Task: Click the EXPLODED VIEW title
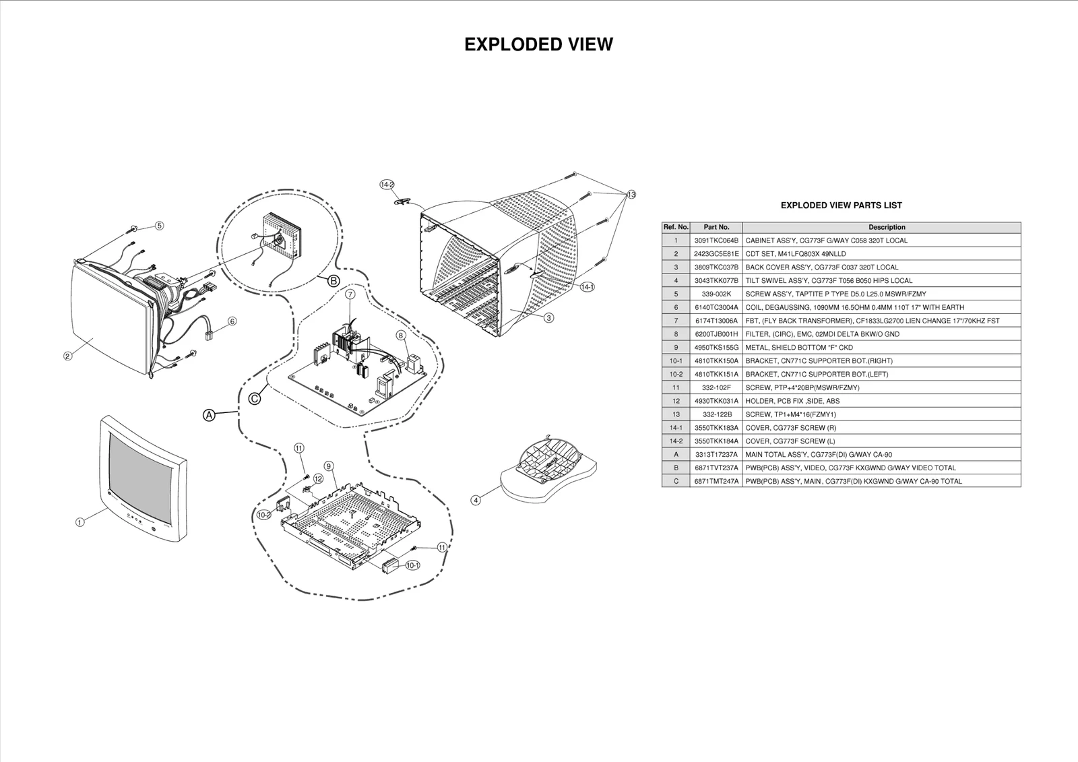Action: point(538,44)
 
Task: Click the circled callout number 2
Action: point(67,356)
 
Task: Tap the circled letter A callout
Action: point(210,415)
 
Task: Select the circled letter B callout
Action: point(334,280)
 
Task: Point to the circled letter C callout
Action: point(255,399)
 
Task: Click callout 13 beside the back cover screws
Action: point(631,195)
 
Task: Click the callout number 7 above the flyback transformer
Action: point(350,294)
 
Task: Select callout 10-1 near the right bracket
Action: point(412,565)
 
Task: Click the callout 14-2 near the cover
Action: point(387,184)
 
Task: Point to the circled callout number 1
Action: point(80,522)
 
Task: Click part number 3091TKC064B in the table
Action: point(716,241)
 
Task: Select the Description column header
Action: point(887,227)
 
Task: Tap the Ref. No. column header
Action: point(676,227)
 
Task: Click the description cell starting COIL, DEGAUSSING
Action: point(854,307)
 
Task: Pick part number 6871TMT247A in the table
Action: point(716,481)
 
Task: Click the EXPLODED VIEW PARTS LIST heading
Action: point(841,205)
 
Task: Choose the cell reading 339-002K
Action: point(716,294)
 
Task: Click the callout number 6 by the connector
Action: point(232,321)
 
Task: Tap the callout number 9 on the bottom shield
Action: point(329,466)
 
